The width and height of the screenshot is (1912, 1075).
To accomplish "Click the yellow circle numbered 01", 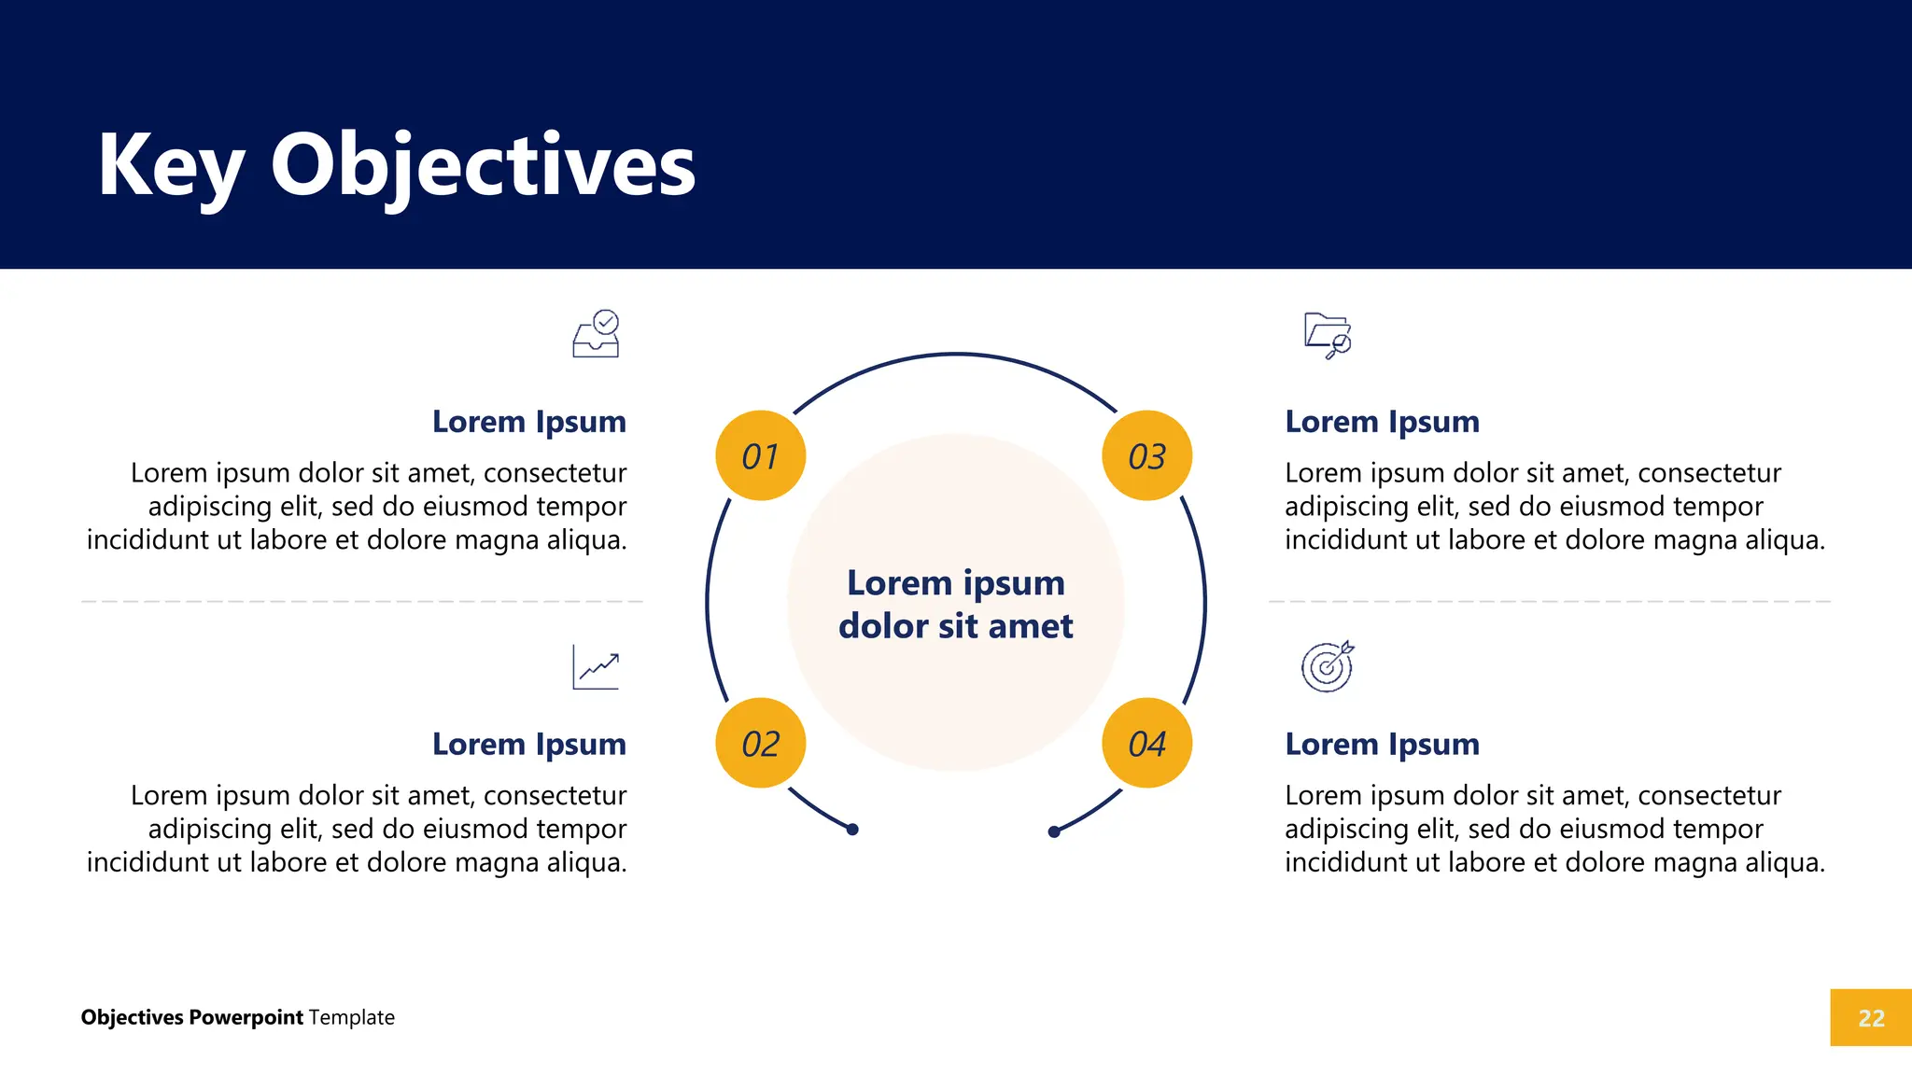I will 760,455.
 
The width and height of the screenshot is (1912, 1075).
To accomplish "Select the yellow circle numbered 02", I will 760,743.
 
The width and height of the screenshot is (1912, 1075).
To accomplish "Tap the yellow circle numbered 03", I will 1146,455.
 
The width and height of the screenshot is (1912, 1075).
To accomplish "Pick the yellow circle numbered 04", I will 1146,743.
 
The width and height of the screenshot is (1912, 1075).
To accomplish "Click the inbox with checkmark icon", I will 597,334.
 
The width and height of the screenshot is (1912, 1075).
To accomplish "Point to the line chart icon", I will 596,667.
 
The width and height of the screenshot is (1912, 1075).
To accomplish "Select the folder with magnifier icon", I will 1328,335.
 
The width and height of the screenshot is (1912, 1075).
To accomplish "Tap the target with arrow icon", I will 1328,666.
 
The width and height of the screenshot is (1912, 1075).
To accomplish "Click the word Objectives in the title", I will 483,165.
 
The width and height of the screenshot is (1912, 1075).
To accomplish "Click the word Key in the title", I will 170,165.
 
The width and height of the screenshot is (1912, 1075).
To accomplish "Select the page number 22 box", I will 1870,1017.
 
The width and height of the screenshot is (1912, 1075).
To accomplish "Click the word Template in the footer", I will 352,1017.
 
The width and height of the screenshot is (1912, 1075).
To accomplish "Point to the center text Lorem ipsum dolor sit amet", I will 955,604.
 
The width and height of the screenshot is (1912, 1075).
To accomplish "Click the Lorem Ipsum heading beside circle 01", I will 528,422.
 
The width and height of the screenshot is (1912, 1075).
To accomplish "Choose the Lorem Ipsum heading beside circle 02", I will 528,745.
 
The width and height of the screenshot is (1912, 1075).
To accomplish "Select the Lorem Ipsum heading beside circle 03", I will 1382,422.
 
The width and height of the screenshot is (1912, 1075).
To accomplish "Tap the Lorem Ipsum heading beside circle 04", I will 1382,745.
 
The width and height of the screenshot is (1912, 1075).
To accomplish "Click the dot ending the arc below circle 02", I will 852,830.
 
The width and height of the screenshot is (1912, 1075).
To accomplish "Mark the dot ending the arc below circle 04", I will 1054,831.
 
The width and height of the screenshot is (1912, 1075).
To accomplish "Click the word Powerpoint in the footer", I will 246,1017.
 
